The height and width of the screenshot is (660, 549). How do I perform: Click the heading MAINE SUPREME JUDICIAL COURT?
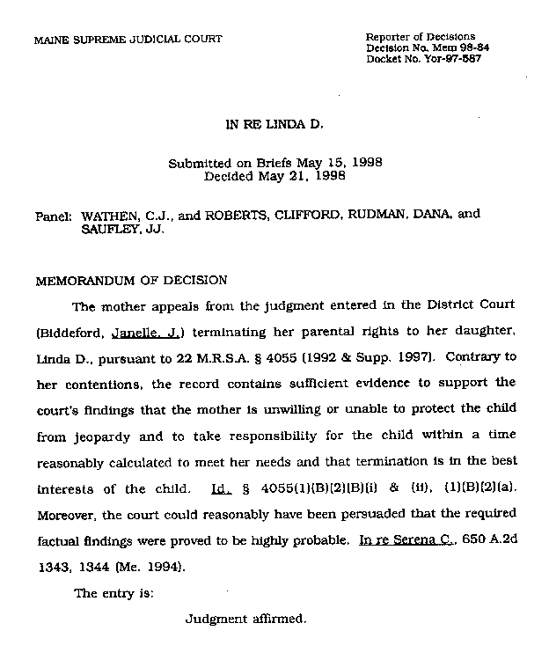128,40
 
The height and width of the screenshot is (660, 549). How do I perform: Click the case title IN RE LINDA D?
274,125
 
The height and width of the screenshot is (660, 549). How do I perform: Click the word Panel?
51,215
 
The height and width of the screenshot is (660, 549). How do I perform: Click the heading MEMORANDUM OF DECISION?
131,281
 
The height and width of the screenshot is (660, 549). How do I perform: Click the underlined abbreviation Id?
222,488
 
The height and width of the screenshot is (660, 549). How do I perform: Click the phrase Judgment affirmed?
245,619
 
